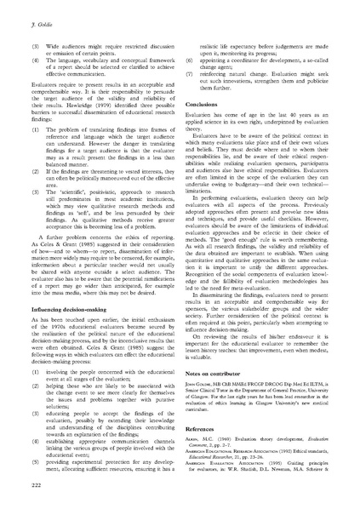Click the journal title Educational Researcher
[220, 483]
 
